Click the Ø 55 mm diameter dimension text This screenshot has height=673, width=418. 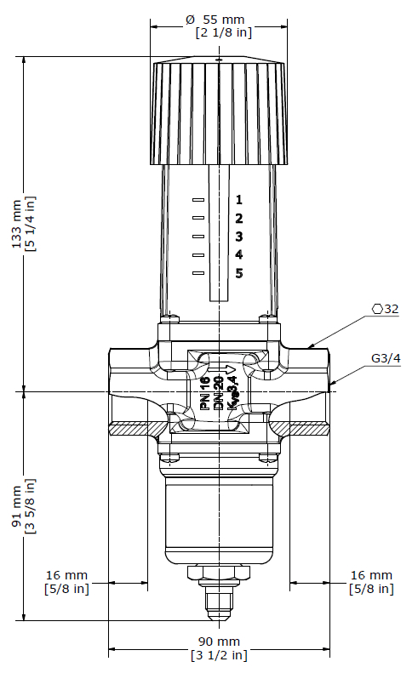tap(215, 20)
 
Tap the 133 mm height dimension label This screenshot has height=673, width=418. tap(17, 224)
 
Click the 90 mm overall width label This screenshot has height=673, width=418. tap(219, 642)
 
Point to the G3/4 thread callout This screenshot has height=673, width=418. tap(386, 358)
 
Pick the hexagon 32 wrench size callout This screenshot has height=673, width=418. tap(386, 309)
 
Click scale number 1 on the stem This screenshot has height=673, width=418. tap(239, 200)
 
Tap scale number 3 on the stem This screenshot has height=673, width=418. tap(239, 237)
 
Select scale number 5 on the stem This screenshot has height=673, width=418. tap(239, 273)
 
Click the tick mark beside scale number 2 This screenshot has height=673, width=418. tap(198, 218)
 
